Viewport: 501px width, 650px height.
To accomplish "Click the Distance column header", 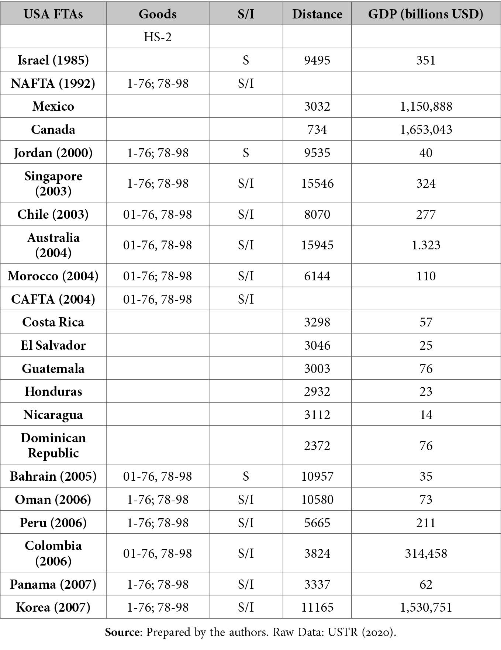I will [x=317, y=14].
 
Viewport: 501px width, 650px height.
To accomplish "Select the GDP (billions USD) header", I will [x=426, y=14].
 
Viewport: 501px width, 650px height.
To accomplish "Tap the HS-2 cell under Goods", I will [x=158, y=37].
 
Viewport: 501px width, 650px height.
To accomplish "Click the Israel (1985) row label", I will [x=53, y=60].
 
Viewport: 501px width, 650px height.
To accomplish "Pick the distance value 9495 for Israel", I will [x=317, y=60].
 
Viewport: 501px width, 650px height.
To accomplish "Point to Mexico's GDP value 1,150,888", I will [x=426, y=107].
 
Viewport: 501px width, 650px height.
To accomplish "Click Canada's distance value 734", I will [x=317, y=129].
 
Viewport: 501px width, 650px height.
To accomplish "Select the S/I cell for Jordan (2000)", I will [x=246, y=153].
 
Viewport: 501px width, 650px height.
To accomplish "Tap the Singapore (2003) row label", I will [x=53, y=183].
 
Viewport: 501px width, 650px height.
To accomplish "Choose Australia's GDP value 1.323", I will [x=426, y=245].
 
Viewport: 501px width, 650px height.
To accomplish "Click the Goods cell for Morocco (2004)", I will [x=158, y=276].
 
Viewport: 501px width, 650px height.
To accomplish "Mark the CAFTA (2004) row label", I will [x=53, y=299].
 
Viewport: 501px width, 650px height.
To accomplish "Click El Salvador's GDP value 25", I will [x=426, y=345].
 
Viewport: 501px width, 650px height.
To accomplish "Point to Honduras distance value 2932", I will [x=317, y=391].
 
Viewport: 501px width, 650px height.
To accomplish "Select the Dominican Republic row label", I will [x=53, y=445].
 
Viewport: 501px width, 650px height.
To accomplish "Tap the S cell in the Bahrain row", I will [x=246, y=476].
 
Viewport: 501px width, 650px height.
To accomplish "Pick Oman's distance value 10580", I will [x=317, y=499].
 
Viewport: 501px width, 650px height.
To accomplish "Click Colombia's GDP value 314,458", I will [x=426, y=553].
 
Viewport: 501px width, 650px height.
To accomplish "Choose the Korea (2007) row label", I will [x=53, y=607].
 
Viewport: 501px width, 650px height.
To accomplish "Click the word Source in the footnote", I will [x=122, y=632].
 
